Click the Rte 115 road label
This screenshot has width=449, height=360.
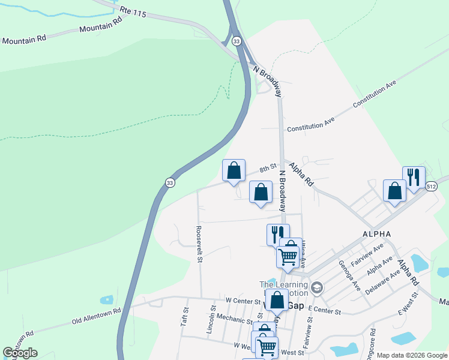[133, 11]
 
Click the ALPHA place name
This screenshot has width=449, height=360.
[376, 233]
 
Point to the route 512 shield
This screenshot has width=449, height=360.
[432, 187]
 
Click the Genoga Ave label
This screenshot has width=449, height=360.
[349, 275]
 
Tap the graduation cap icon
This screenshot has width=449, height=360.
[317, 288]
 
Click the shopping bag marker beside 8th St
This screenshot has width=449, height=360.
[234, 170]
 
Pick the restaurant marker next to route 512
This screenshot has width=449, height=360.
[414, 178]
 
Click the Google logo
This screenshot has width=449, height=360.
[20, 353]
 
